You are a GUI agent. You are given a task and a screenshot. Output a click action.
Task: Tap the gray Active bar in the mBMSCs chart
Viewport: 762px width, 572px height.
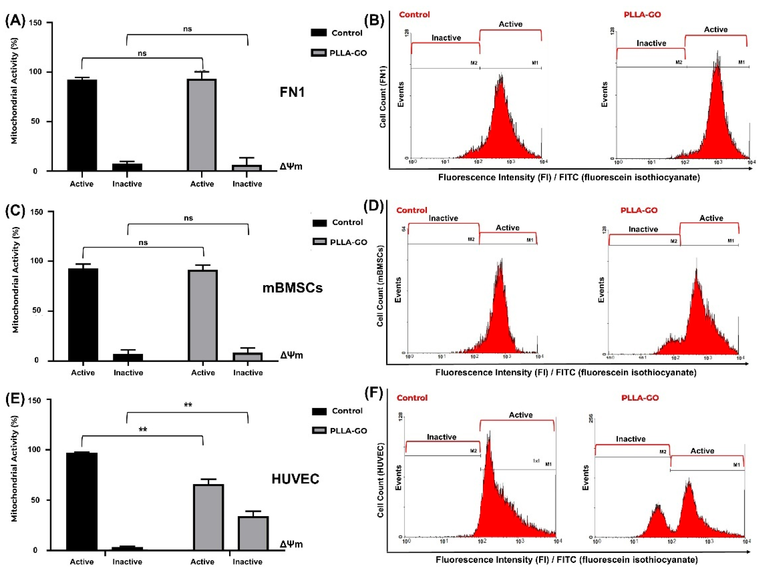(x=203, y=315)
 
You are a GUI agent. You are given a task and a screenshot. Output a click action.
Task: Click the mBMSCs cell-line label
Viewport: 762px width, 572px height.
(x=292, y=288)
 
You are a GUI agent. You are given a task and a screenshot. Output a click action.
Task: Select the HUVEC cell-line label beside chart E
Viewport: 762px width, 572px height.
(x=295, y=479)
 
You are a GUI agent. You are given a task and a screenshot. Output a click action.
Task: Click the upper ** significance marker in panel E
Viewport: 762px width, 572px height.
(x=188, y=405)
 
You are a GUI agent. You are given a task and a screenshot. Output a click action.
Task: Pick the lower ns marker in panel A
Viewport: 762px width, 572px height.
(x=142, y=53)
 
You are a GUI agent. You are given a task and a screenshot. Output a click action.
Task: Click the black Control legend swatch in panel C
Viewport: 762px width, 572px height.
(x=319, y=223)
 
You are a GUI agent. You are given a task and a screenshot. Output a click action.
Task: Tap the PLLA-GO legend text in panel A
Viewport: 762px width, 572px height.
(x=348, y=53)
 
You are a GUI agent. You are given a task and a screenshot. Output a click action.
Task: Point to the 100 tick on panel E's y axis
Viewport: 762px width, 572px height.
(x=35, y=450)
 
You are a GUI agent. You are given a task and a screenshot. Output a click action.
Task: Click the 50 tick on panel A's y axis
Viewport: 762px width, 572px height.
(x=35, y=121)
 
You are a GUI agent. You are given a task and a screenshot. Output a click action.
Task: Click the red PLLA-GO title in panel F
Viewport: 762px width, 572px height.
(x=640, y=398)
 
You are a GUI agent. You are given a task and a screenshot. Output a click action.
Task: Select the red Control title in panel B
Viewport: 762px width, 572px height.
(x=414, y=14)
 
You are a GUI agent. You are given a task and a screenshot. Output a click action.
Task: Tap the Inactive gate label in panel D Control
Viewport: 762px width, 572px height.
(x=443, y=218)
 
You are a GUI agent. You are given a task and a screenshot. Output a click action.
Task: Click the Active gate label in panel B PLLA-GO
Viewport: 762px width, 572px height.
(x=715, y=30)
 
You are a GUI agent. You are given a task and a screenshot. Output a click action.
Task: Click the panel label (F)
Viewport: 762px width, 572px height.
(x=374, y=393)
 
